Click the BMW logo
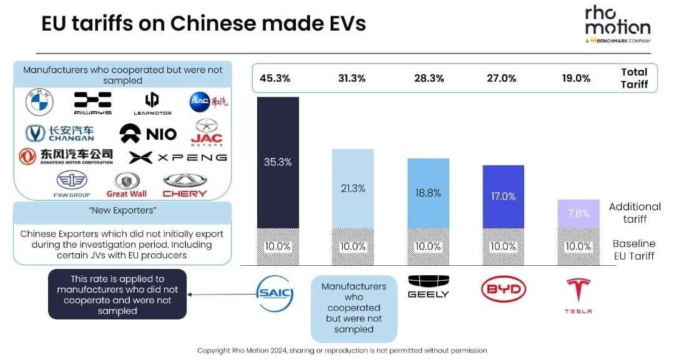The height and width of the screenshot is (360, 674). click(x=40, y=102)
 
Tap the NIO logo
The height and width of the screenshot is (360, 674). click(x=148, y=133)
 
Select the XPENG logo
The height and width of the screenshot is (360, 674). click(x=178, y=157)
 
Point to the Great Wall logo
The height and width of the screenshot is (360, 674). click(x=126, y=185)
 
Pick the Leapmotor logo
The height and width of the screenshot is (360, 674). click(x=152, y=103)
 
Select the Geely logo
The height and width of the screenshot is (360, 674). click(x=428, y=287)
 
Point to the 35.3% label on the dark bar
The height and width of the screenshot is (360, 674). click(x=278, y=162)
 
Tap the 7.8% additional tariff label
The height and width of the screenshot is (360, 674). click(x=578, y=213)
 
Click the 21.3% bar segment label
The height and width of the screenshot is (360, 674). click(x=353, y=188)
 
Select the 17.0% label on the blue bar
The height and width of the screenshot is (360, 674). click(x=503, y=196)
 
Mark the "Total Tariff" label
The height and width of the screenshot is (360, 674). click(x=634, y=78)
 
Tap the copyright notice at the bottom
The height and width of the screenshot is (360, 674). click(x=342, y=351)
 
